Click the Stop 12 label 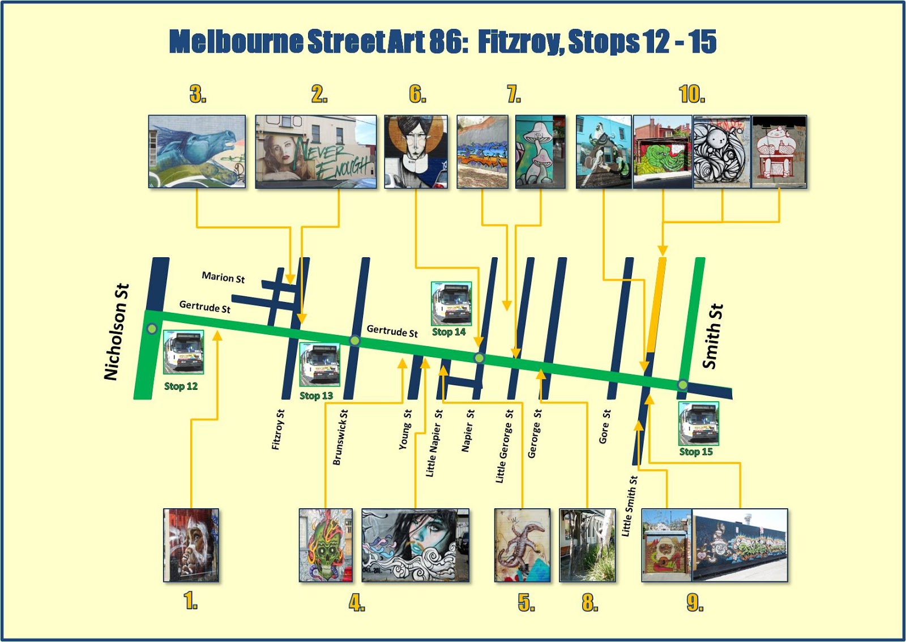181,386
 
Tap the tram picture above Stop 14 451,303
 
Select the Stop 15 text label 696,452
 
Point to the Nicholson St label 116,332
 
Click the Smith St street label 713,336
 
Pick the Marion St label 223,277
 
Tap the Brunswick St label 340,437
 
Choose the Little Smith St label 629,505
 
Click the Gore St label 605,427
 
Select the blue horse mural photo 197,151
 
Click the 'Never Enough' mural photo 315,151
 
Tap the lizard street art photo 522,545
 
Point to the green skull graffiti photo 326,545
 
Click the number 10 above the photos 692,94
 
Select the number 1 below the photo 191,601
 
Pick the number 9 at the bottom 695,602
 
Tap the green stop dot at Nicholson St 152,329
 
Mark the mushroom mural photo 540,151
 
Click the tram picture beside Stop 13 319,364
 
